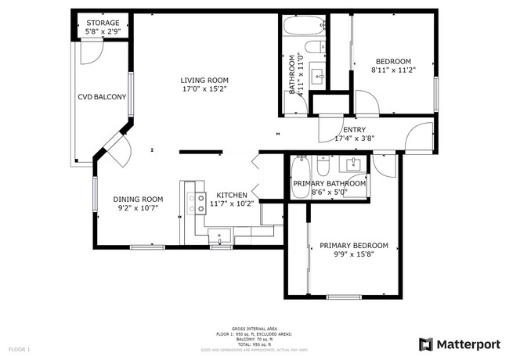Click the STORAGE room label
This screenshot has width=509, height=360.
tap(103, 23)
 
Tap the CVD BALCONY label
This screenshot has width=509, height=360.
tap(101, 97)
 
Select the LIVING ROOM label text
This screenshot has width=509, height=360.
tap(204, 80)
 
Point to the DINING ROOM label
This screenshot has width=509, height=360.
tap(138, 199)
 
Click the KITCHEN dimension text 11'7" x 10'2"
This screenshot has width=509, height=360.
tap(232, 204)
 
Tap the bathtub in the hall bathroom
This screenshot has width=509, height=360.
tap(301, 27)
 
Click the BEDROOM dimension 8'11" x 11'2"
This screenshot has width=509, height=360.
tap(393, 70)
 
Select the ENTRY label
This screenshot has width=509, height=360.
tap(355, 130)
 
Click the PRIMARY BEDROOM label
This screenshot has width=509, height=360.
tap(354, 246)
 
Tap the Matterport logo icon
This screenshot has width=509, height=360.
tap(426, 344)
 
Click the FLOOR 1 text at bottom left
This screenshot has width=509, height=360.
tap(19, 348)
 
